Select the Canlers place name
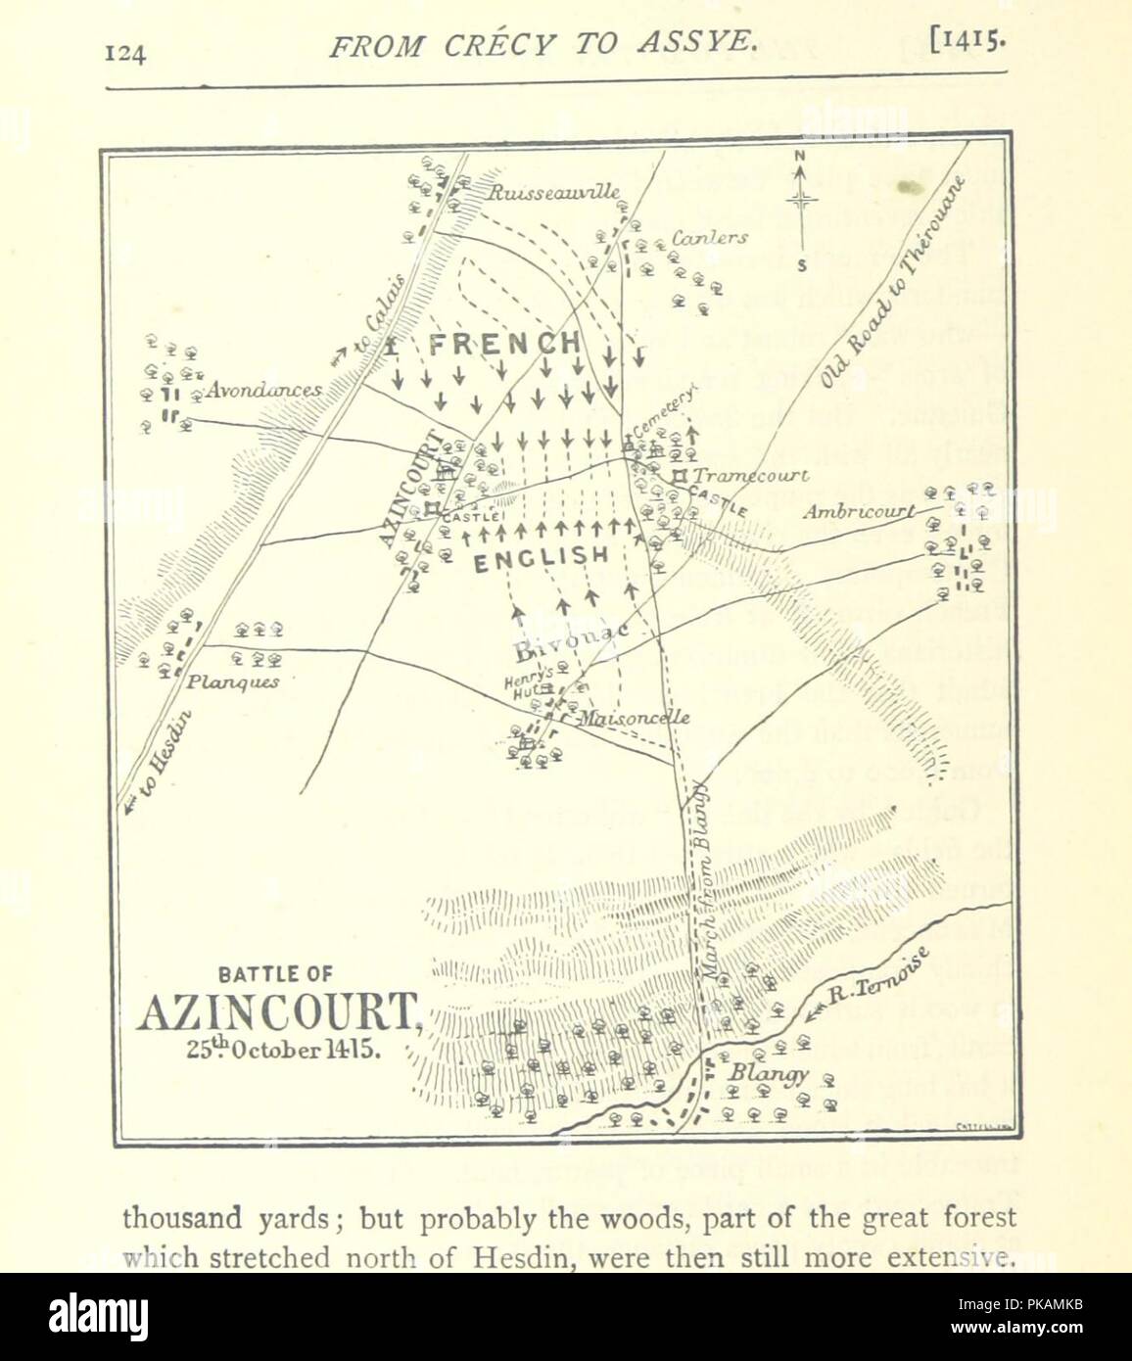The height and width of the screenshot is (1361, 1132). (x=710, y=237)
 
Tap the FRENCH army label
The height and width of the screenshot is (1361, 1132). (x=504, y=344)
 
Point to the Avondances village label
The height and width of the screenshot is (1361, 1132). (x=263, y=391)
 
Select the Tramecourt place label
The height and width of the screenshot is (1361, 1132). (x=750, y=476)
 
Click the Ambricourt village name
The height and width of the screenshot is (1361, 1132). (x=859, y=511)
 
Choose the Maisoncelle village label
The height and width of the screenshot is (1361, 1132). (x=634, y=718)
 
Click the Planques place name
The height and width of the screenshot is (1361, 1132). (x=233, y=681)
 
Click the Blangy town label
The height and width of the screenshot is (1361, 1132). (x=768, y=1072)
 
